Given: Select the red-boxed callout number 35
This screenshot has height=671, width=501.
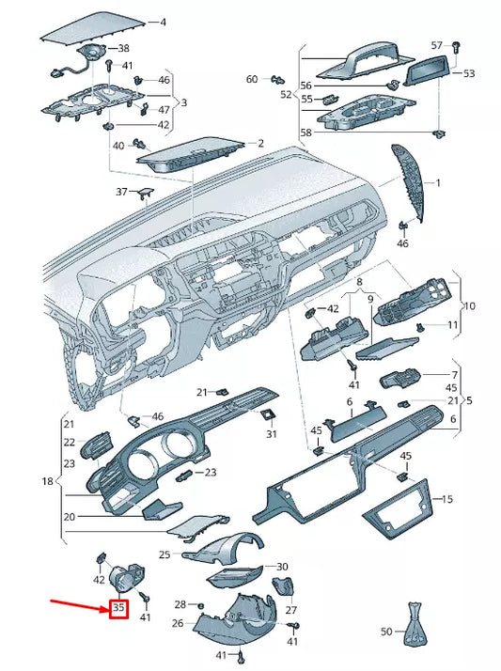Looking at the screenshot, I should pyautogui.click(x=118, y=609).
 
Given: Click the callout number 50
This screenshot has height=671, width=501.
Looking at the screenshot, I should pyautogui.click(x=386, y=632).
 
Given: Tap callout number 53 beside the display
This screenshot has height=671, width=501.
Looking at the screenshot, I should pyautogui.click(x=469, y=72).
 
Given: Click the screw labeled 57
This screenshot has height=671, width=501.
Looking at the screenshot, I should pyautogui.click(x=456, y=47).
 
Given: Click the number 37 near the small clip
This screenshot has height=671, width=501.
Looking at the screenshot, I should pyautogui.click(x=121, y=192).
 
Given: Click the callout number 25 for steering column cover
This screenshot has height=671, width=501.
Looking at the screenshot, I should pyautogui.click(x=164, y=555).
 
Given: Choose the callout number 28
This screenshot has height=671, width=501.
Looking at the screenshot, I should pyautogui.click(x=180, y=603).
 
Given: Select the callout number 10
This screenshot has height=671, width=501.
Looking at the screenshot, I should pyautogui.click(x=469, y=305).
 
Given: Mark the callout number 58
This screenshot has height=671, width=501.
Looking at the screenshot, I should pyautogui.click(x=305, y=133).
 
